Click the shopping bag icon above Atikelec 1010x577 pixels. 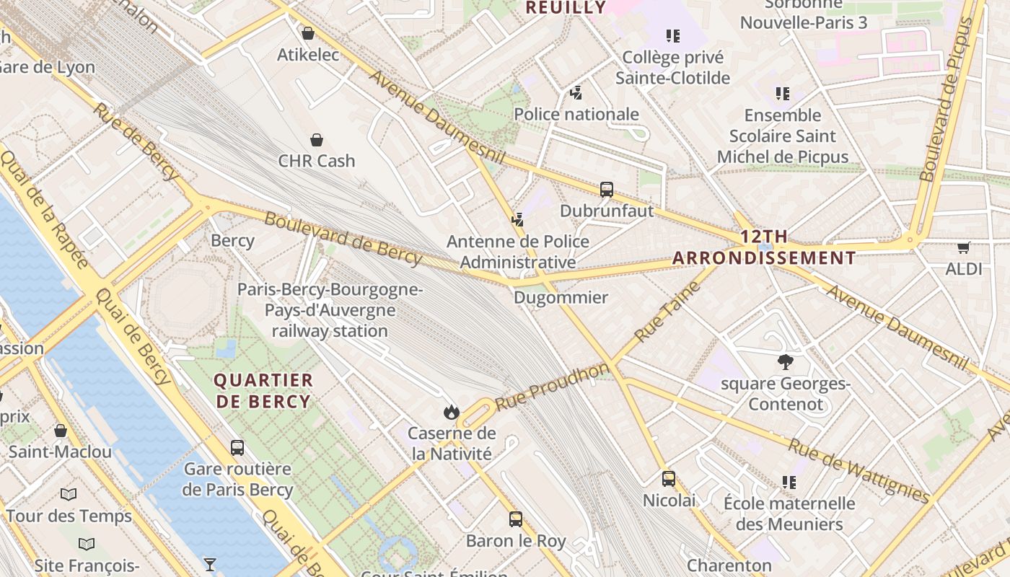(x=308, y=33)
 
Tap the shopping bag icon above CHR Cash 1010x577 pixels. (x=316, y=139)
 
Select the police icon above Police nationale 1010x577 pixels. (x=576, y=92)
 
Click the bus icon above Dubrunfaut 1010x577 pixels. (x=607, y=190)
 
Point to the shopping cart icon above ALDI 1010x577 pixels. (x=964, y=247)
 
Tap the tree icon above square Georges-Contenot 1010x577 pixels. (x=786, y=362)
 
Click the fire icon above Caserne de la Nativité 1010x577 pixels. (x=452, y=412)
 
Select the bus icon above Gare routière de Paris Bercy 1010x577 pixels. (x=237, y=447)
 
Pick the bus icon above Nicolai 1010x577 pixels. (x=669, y=478)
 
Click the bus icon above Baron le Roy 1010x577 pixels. (x=515, y=519)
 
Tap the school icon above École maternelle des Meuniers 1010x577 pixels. (x=789, y=482)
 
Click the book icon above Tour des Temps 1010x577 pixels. (x=69, y=495)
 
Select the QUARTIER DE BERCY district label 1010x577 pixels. (x=263, y=391)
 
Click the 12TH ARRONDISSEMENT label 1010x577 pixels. (x=764, y=247)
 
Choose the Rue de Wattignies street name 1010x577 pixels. (x=858, y=470)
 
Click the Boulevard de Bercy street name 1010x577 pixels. (x=343, y=238)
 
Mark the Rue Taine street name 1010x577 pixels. (x=667, y=312)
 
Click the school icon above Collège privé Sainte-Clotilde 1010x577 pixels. (x=673, y=35)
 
